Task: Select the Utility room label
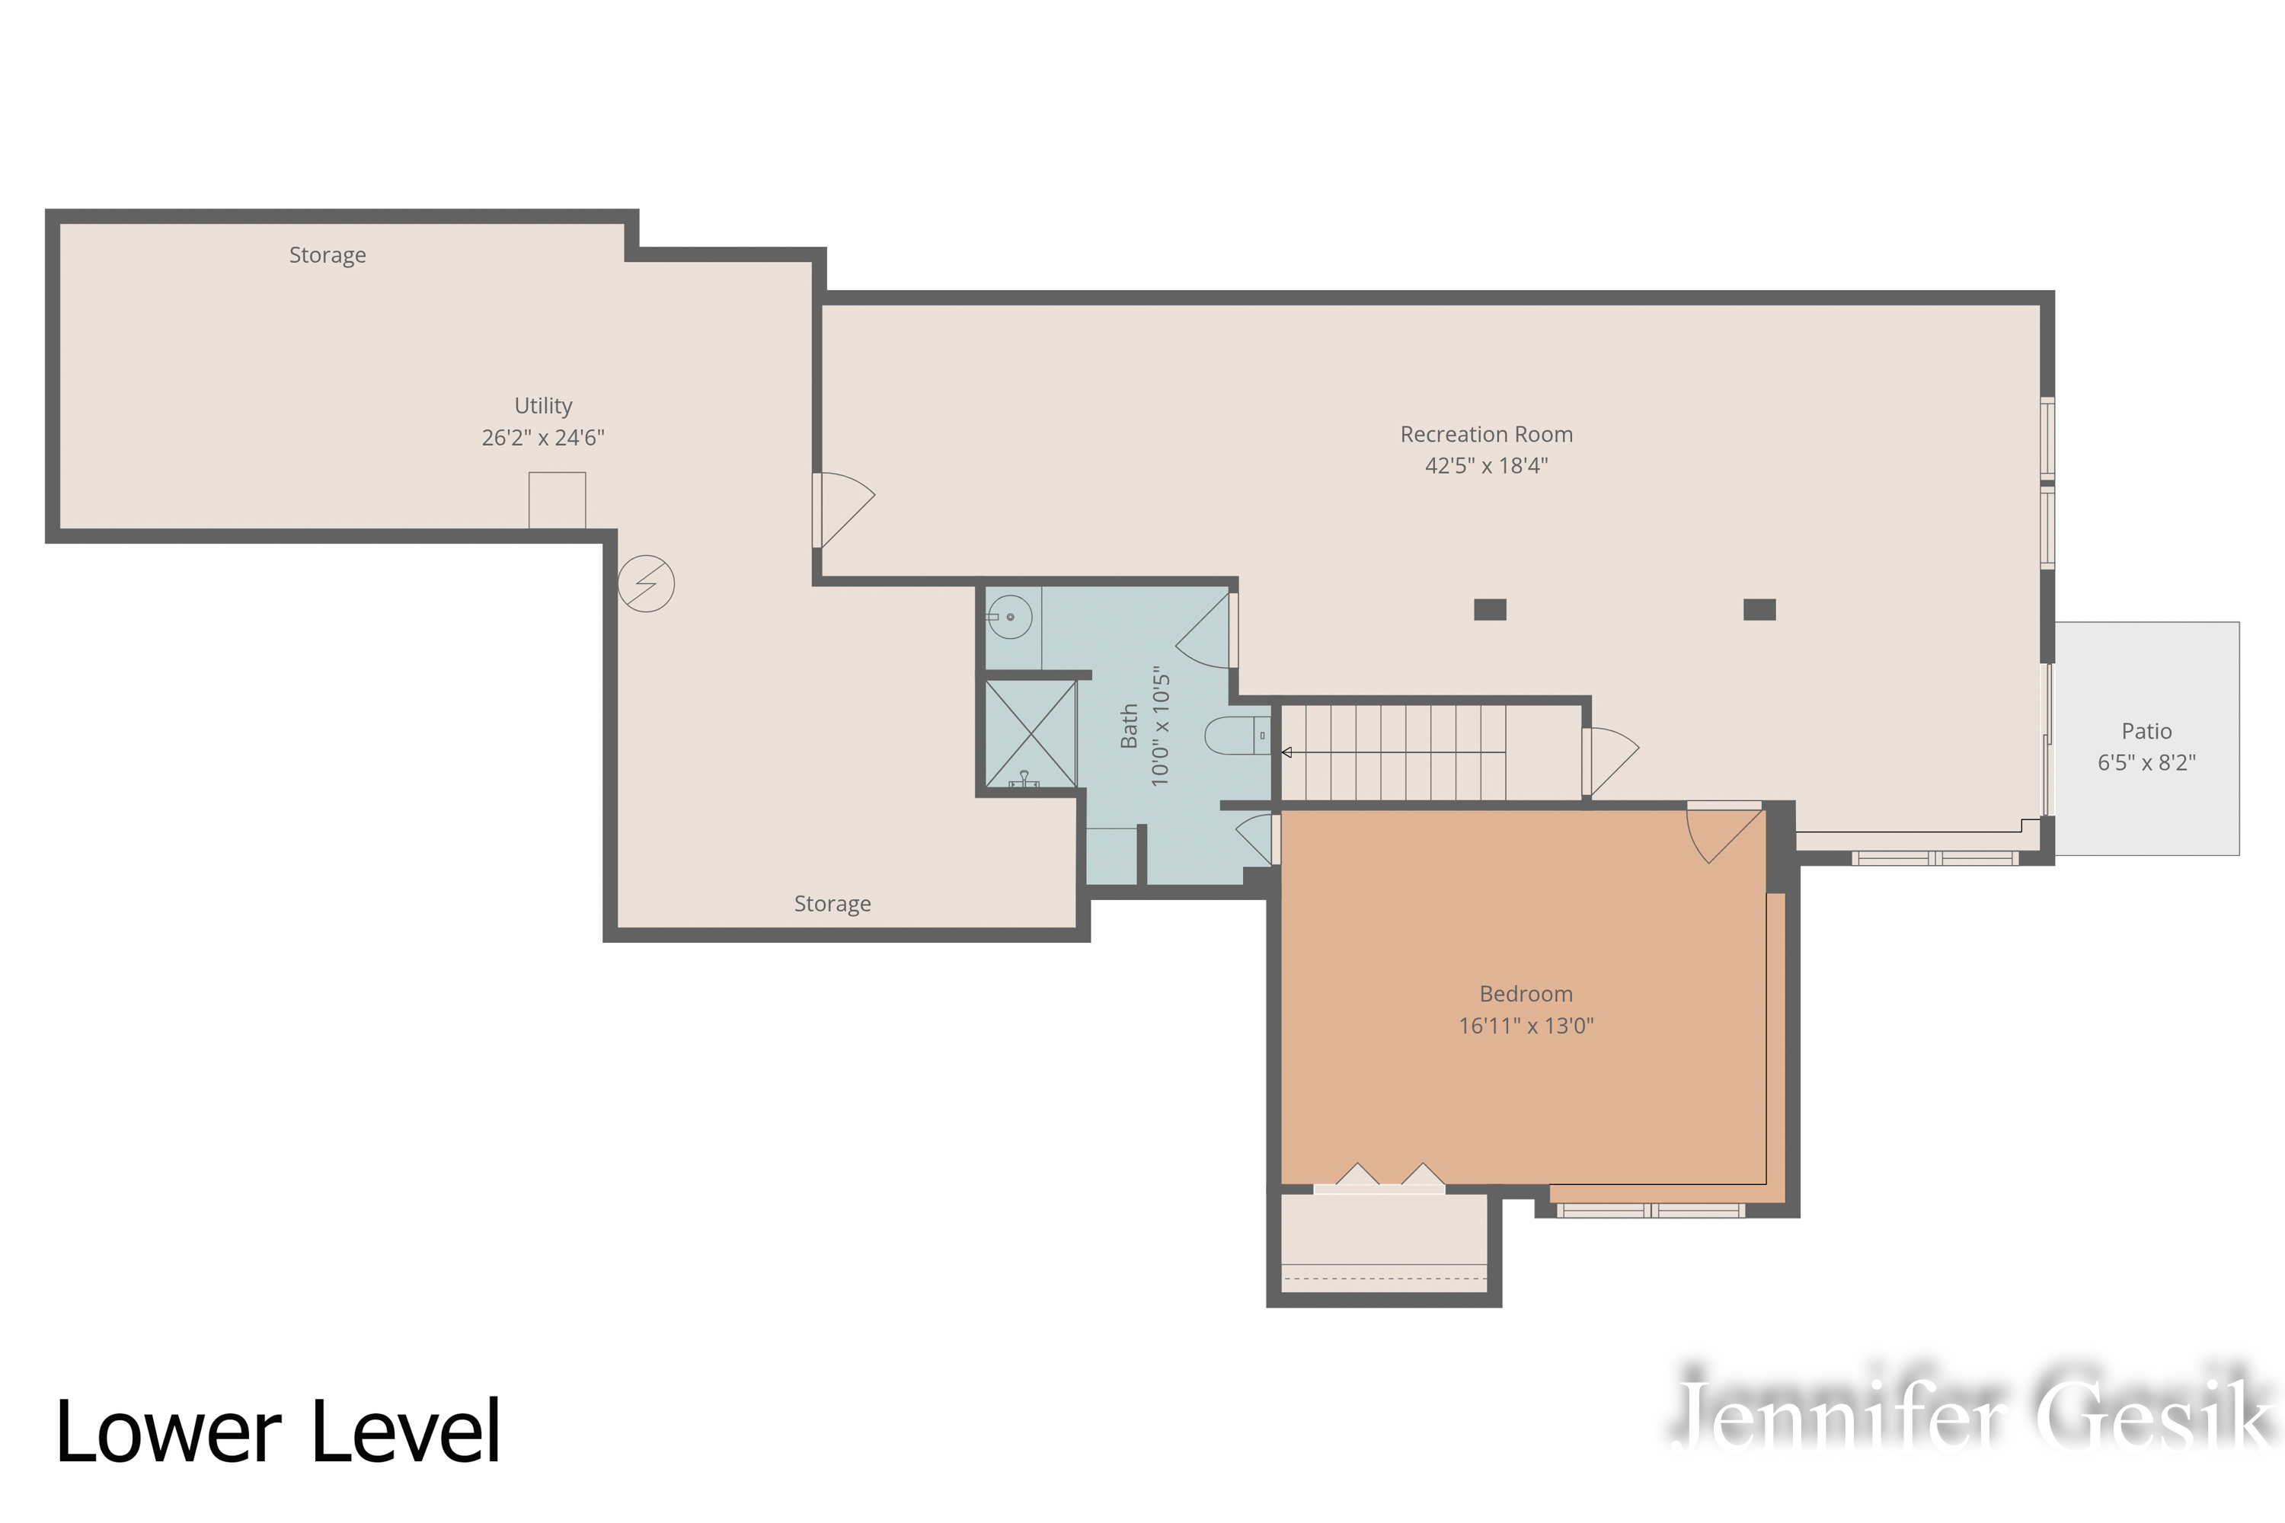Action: pos(543,405)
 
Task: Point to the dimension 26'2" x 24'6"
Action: pos(543,438)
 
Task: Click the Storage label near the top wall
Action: pos(328,254)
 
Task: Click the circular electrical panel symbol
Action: pos(646,584)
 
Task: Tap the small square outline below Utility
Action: pos(557,500)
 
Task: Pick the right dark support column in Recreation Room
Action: pos(1759,610)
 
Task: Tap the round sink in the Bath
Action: pos(1011,617)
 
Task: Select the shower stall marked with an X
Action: pos(1031,733)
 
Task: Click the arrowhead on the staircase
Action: pos(1286,753)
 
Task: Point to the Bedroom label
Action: pos(1526,994)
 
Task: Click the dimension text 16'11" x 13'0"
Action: pos(1526,1026)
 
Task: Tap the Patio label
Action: pos(2146,731)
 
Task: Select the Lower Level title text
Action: pos(278,1432)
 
